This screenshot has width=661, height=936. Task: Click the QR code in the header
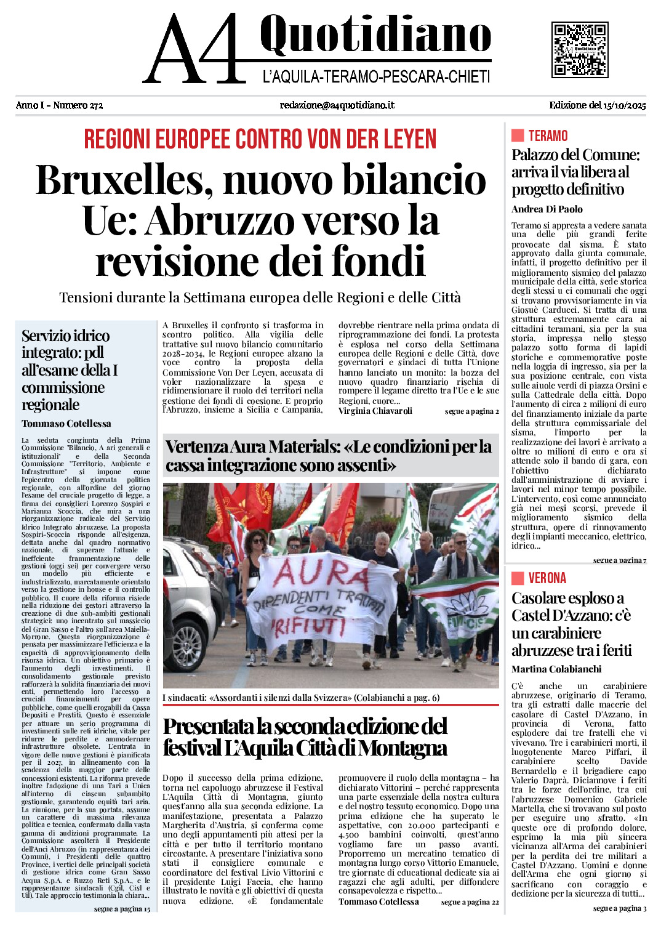pos(580,50)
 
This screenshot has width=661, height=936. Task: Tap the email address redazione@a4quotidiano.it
pos(337,105)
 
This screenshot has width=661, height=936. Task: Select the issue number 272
pos(95,105)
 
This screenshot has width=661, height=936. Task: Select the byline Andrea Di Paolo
pos(547,209)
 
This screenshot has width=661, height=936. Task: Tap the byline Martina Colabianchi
pos(556,669)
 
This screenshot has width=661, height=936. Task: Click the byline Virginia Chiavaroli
pos(375,411)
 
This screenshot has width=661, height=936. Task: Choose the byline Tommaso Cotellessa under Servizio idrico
pos(66,424)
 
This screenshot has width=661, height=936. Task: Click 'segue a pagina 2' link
pos(471,411)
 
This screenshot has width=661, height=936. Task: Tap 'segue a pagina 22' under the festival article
pos(470,902)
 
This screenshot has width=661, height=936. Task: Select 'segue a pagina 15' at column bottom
pos(122,909)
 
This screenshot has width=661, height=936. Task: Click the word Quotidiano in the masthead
pos(375,35)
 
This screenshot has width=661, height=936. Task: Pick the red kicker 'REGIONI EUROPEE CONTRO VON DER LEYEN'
pos(260,139)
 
